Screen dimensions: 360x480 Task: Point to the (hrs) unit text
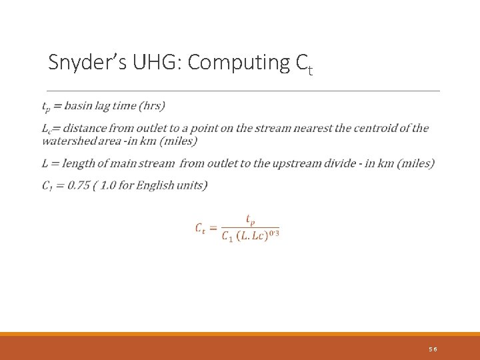(153, 106)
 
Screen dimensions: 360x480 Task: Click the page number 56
(433, 349)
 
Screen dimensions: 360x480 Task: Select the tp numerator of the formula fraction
(250, 219)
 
